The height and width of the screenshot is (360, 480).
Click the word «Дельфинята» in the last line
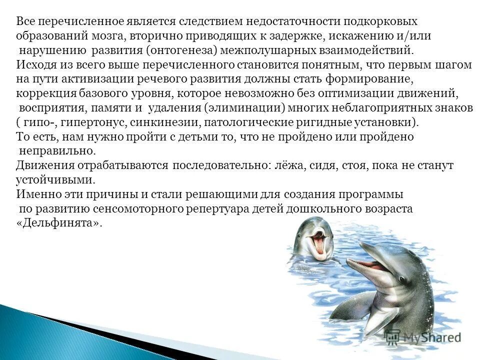point(59,223)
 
